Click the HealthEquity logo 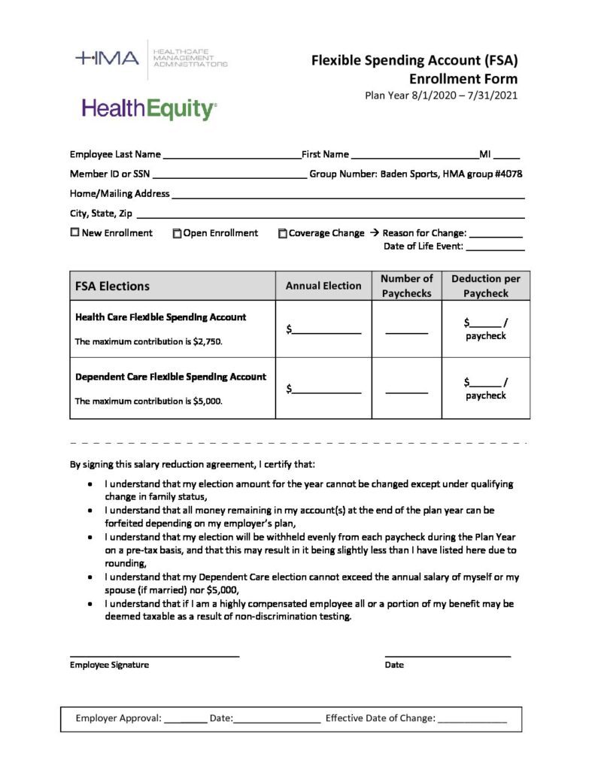point(149,109)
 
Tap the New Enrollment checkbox point(74,233)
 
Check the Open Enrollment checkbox point(178,234)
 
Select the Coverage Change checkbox point(283,234)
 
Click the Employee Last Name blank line point(231,156)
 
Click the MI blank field point(506,156)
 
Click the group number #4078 point(508,174)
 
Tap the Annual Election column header point(323,286)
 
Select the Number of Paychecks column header point(406,286)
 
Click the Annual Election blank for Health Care point(327,330)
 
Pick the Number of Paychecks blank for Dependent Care point(406,390)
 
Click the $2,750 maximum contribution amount point(208,341)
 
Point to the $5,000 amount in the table point(208,401)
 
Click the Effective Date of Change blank point(472,720)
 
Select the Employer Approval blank point(185,720)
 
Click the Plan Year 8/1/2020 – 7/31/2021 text point(441,95)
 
